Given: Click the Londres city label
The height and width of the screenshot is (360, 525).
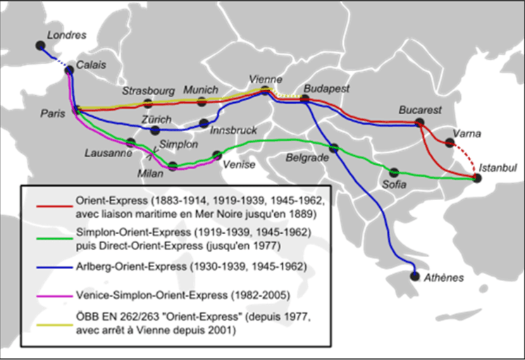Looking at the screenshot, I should click(x=65, y=35).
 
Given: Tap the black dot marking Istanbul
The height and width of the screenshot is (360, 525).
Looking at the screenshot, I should click(x=477, y=178).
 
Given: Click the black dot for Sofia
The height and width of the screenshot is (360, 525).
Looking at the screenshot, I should click(x=394, y=172).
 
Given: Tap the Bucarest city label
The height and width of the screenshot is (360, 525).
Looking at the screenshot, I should click(x=420, y=110).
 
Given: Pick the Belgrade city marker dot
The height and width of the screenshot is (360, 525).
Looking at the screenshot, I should click(x=334, y=148).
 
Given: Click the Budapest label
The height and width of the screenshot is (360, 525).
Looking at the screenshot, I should click(x=327, y=89).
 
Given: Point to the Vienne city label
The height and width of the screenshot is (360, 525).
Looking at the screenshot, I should click(x=266, y=79).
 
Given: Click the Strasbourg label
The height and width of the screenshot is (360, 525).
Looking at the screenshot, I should click(x=148, y=91).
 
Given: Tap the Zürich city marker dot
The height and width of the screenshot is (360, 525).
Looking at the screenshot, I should click(x=156, y=130).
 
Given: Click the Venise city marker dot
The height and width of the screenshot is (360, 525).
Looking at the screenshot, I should click(x=217, y=155).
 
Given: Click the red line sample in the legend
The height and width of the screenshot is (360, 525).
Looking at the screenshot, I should click(x=53, y=206).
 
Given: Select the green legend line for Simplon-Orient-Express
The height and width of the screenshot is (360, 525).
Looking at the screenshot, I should click(x=53, y=237).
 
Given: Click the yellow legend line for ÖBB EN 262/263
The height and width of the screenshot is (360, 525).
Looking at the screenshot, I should click(x=53, y=325).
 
